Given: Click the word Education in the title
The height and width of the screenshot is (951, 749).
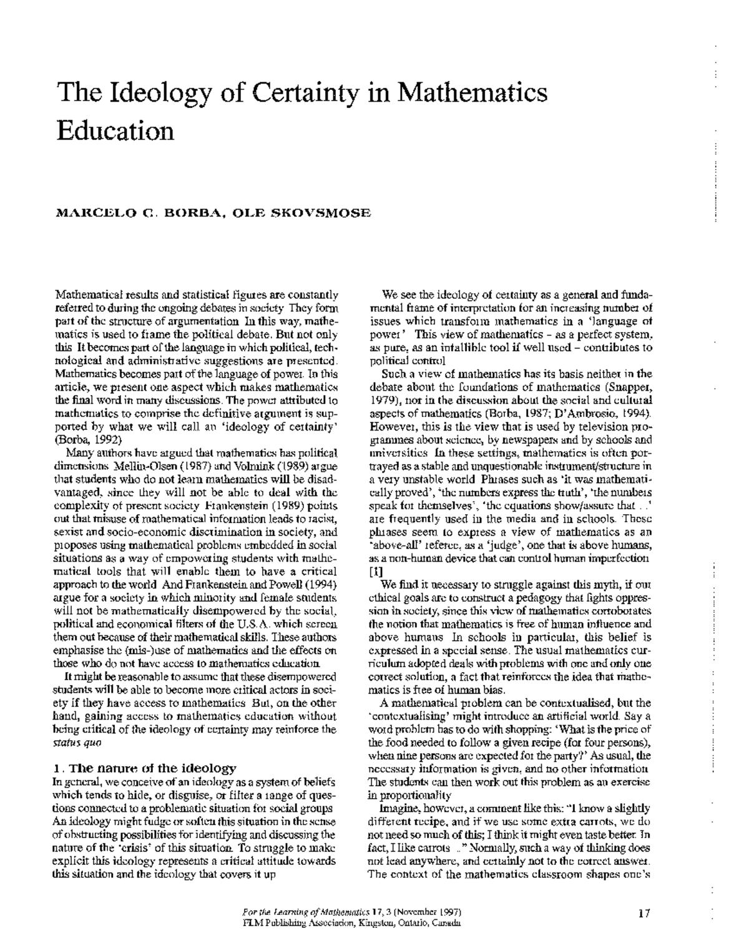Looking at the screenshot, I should point(115,131).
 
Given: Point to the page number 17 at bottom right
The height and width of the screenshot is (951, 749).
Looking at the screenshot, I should point(644,914).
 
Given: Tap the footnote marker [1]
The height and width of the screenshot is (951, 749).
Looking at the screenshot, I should point(376,571).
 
